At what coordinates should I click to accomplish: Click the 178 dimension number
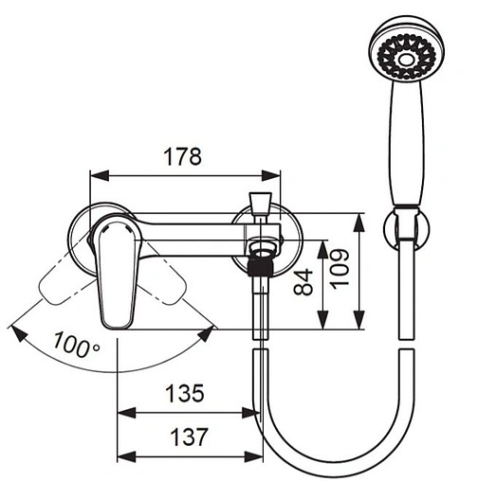click(182, 156)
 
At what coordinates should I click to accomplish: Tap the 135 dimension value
click(185, 393)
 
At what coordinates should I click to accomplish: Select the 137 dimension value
click(189, 436)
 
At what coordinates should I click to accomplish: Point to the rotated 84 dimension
click(303, 282)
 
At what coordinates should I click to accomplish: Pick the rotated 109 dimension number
click(340, 268)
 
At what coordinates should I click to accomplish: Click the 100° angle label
click(77, 344)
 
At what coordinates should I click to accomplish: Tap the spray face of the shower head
click(407, 56)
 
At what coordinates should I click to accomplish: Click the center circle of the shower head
click(407, 60)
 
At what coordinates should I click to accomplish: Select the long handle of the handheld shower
click(407, 142)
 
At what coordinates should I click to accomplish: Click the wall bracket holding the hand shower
click(407, 226)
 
